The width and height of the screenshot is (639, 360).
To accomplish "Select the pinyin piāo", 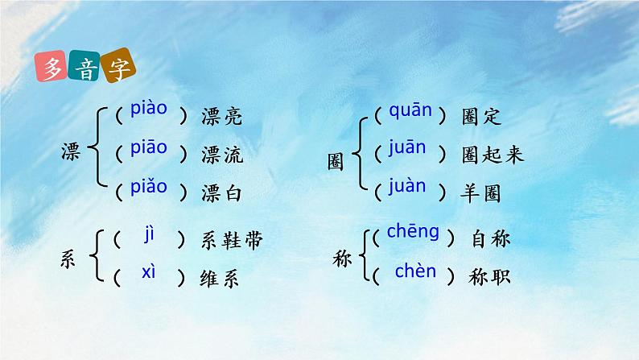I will [x=148, y=147].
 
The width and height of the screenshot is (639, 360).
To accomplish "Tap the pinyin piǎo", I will [x=148, y=187].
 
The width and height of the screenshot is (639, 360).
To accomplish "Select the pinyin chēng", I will [x=413, y=233].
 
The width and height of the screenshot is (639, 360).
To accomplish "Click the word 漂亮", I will [x=221, y=117].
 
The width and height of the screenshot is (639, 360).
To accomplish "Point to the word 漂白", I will [x=221, y=193].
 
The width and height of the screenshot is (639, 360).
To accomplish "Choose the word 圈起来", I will [x=493, y=155].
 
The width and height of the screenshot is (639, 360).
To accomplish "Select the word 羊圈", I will [x=482, y=192].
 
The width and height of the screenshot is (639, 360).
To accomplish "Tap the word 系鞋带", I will [x=231, y=240].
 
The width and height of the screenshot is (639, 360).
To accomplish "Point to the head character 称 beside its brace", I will [x=342, y=259].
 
